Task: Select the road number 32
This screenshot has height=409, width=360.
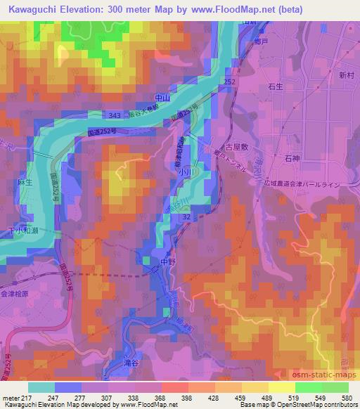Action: [x=186, y=219]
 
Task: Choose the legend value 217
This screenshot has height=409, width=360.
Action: [x=20, y=398]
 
